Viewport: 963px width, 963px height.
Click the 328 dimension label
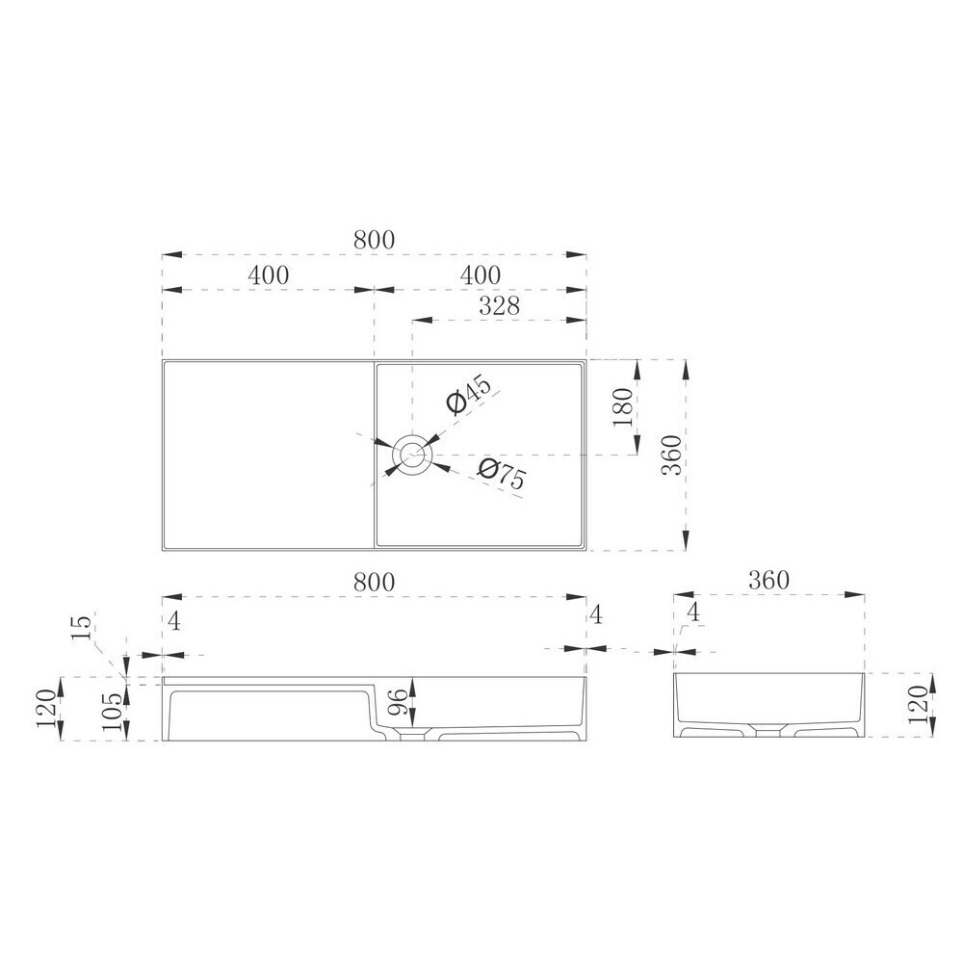coord(499,305)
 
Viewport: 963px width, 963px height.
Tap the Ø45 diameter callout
coord(469,396)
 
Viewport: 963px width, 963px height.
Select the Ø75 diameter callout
coord(502,473)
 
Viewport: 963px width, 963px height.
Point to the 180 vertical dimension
coord(622,407)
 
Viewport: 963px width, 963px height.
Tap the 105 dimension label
coord(113,712)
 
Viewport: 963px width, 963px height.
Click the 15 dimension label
coord(82,627)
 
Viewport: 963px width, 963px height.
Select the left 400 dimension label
coord(269,275)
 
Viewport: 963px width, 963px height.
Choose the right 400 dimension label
coord(481,275)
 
